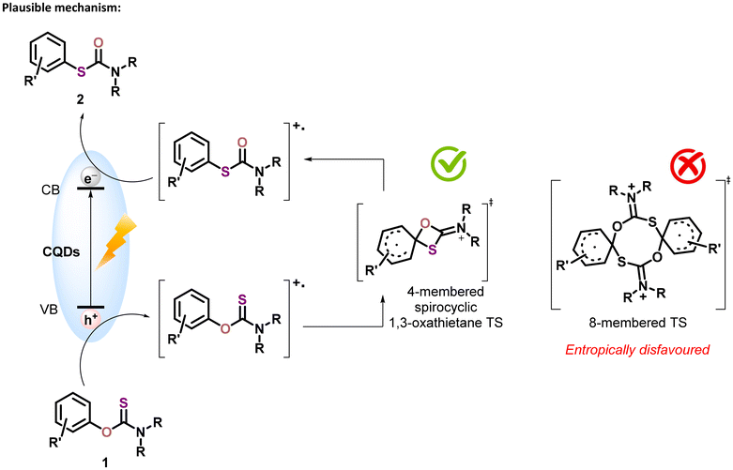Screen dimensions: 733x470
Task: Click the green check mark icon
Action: (449, 164)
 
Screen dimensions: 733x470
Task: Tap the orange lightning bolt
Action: (115, 241)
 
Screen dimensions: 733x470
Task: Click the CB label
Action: (51, 190)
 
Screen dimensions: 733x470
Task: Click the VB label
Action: (49, 309)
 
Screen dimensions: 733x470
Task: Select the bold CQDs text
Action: (61, 251)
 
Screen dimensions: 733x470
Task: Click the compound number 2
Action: (81, 100)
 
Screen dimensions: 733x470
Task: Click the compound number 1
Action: (106, 462)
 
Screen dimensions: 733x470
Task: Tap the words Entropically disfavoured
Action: (637, 350)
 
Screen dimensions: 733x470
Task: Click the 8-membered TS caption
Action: (637, 323)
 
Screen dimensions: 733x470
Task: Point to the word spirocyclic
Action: (446, 307)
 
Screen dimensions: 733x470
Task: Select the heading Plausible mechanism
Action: (62, 8)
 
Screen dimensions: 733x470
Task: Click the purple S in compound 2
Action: (82, 72)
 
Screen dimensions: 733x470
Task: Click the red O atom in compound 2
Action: (99, 43)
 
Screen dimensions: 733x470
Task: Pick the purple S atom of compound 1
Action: (124, 402)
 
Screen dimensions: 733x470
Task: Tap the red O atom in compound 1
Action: (107, 432)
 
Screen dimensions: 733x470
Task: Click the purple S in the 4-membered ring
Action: (433, 250)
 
